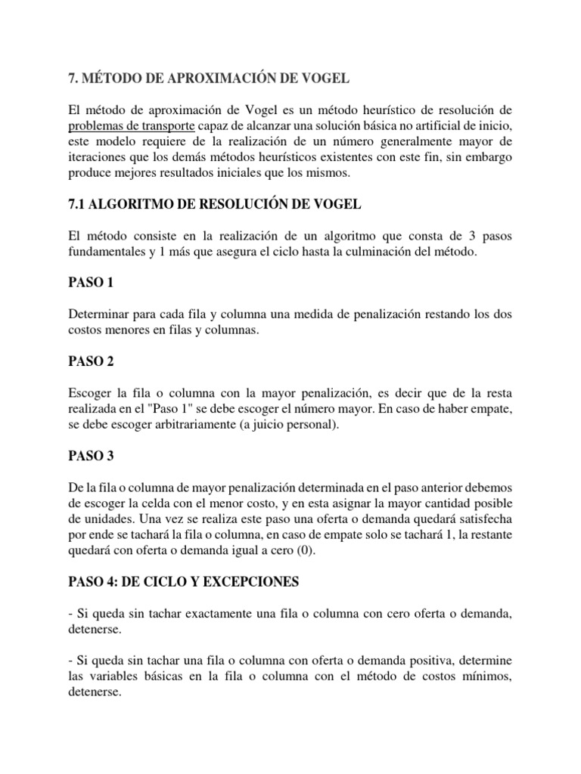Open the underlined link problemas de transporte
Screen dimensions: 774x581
(x=132, y=125)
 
